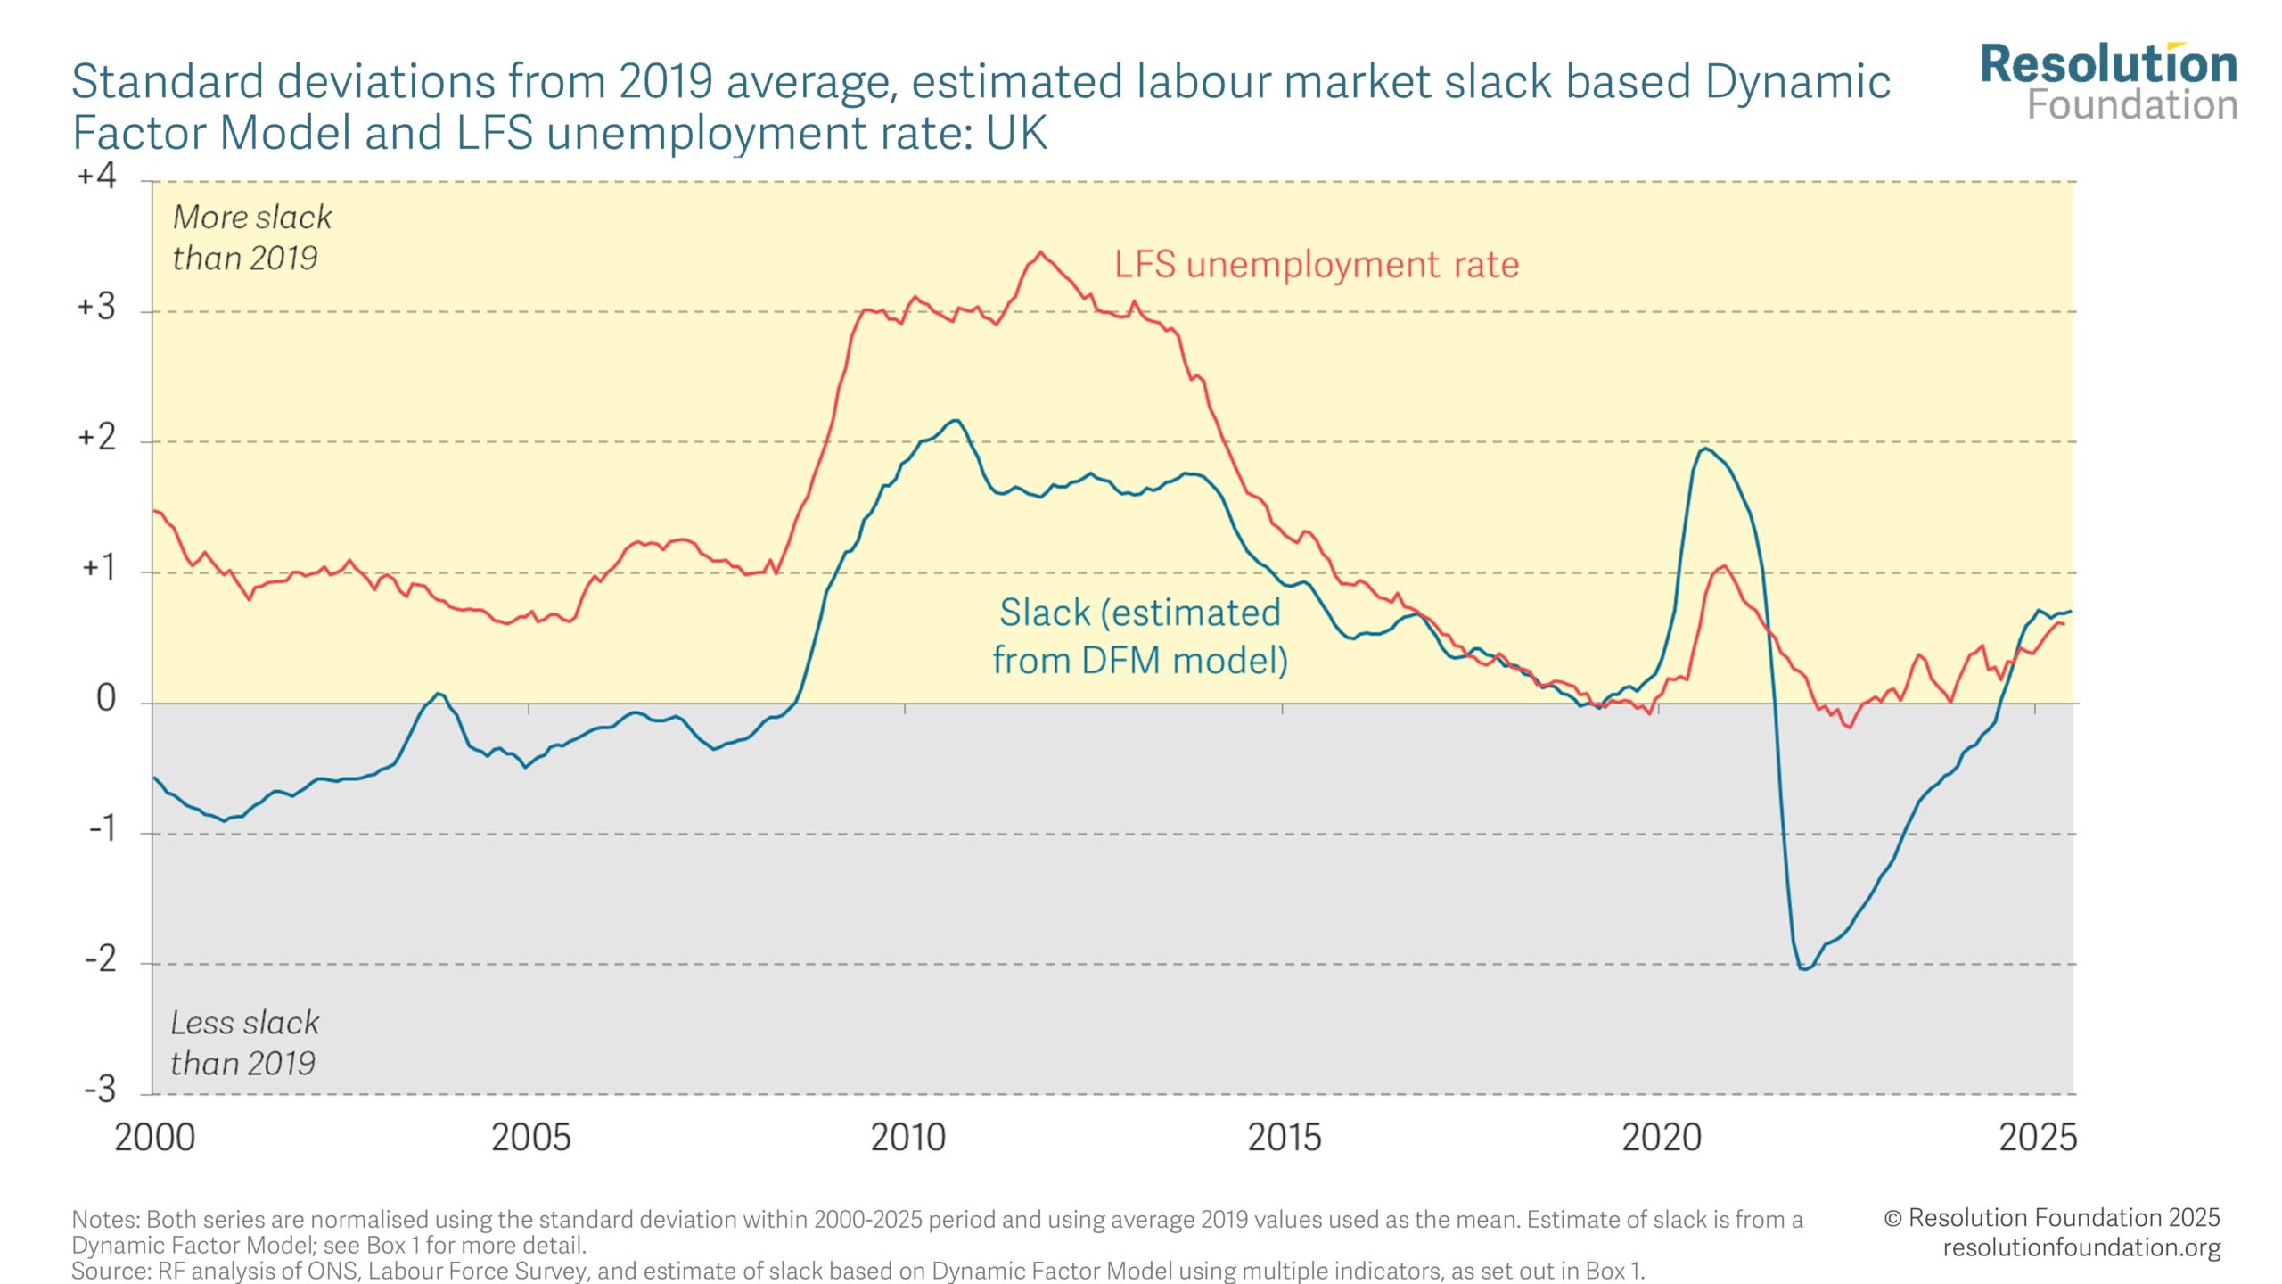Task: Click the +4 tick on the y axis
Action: pos(97,176)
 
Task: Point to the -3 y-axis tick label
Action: pos(100,1090)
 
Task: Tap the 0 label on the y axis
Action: pos(106,698)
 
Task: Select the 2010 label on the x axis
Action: pos(907,1138)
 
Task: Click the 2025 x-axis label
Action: pos(2037,1138)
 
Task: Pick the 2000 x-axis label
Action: pos(154,1138)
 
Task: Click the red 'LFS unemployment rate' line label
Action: pos(1316,265)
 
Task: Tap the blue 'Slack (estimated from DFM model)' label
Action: pos(1139,637)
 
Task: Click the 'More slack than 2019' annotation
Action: pos(251,237)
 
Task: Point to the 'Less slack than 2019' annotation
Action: pos(244,1042)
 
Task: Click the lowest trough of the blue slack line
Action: pos(1804,968)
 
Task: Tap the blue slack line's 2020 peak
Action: pos(1704,449)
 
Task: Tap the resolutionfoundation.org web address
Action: pos(2081,1247)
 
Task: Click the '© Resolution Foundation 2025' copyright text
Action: pos(2051,1218)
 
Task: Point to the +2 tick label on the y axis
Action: pos(97,437)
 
